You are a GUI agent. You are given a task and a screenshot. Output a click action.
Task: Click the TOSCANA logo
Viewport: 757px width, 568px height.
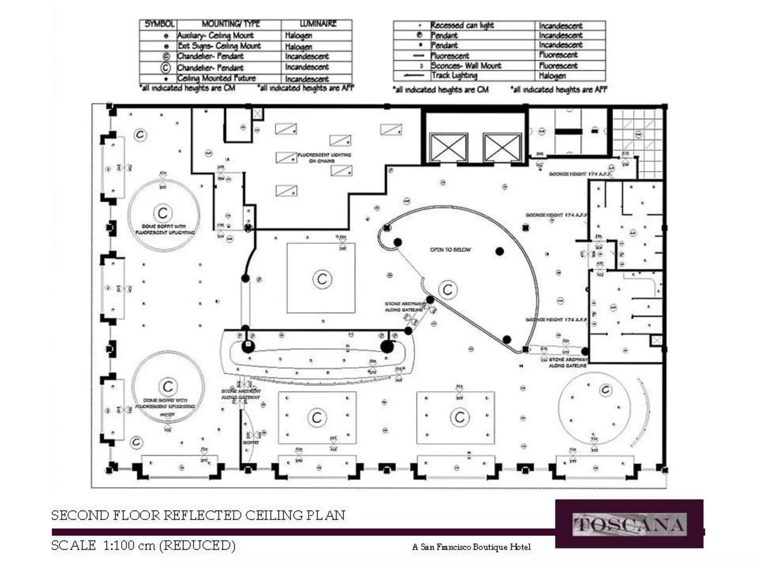point(629,524)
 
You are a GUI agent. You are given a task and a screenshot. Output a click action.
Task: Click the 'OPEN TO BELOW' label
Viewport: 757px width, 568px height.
point(450,250)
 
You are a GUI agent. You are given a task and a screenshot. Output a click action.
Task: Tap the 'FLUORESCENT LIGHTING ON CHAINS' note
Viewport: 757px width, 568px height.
point(324,158)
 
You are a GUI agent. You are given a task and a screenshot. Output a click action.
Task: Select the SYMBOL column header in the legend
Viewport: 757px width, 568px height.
point(159,24)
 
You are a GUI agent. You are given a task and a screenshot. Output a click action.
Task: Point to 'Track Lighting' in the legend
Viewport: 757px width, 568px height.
point(454,75)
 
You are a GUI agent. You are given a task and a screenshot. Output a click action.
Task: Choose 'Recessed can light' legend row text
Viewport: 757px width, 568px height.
point(462,25)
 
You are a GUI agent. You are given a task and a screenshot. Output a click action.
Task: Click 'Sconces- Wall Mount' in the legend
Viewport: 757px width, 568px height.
point(466,66)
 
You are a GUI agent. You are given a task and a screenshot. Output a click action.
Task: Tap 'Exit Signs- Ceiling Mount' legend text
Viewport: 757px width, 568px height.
point(219,46)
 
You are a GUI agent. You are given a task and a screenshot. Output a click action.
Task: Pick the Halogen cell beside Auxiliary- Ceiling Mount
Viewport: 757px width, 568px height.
point(299,35)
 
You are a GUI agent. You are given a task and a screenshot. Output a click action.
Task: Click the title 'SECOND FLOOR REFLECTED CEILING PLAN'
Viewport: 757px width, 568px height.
point(198,515)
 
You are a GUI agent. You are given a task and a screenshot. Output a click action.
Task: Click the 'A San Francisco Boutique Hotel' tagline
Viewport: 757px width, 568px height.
point(471,547)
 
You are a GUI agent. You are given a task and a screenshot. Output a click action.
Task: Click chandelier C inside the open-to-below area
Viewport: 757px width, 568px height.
point(448,290)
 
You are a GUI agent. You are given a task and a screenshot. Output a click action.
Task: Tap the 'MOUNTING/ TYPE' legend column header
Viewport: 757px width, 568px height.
point(231,24)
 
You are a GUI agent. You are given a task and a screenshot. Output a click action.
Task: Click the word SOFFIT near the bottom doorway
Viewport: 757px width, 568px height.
point(251,442)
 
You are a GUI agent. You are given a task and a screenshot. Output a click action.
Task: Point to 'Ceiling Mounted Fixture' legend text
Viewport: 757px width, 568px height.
point(216,78)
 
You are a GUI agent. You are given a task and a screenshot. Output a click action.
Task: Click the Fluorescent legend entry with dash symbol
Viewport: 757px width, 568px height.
point(450,56)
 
